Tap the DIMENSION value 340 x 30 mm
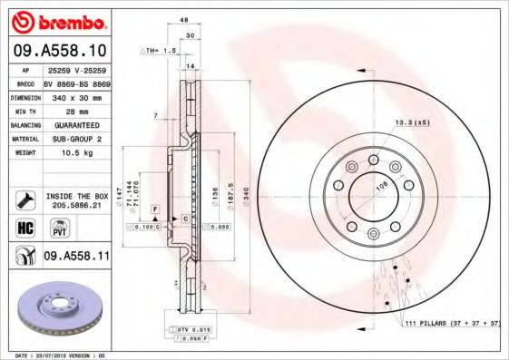point(75,95)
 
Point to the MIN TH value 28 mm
point(73,110)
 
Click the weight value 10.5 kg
point(73,153)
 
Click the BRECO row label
point(25,82)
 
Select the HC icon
point(25,227)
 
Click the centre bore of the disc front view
point(371,193)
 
